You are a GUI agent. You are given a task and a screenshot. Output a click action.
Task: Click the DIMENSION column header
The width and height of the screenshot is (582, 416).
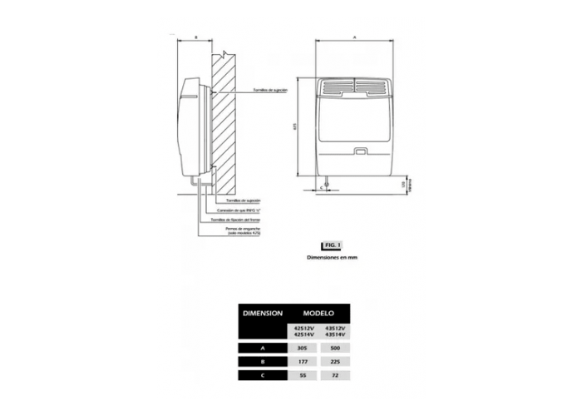tap(263, 314)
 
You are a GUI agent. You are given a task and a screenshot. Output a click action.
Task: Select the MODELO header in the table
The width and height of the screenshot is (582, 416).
tap(318, 314)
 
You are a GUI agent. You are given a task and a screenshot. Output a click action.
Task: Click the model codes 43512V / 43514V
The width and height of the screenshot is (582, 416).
tap(334, 330)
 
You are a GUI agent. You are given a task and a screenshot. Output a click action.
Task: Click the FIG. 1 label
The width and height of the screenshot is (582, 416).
tap(331, 245)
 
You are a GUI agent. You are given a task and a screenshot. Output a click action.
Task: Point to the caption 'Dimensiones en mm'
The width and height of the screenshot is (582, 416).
tap(331, 258)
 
